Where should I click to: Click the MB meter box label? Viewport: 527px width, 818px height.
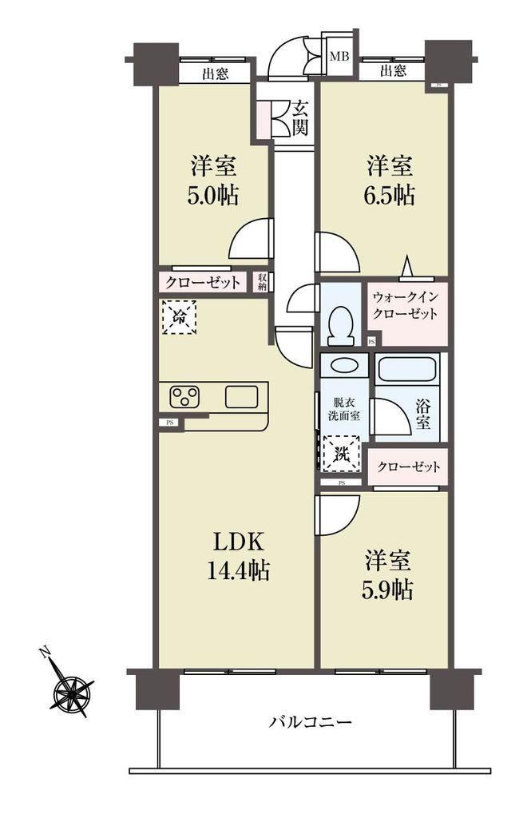click(339, 57)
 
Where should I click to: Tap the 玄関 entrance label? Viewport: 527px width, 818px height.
click(299, 118)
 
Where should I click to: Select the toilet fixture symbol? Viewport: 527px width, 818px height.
click(342, 326)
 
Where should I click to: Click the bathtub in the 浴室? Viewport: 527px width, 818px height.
click(406, 370)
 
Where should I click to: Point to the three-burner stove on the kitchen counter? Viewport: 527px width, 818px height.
click(184, 397)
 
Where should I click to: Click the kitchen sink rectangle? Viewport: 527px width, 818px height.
click(241, 397)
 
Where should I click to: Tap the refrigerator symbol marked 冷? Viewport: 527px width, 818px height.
click(180, 317)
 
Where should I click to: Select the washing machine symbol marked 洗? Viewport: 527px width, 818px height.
click(342, 454)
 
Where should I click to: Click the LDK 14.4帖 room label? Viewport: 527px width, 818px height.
click(238, 557)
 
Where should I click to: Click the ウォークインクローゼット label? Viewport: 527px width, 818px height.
click(405, 306)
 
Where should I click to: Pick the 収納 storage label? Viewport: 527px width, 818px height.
click(262, 282)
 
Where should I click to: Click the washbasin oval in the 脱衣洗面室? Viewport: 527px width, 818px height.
click(343, 366)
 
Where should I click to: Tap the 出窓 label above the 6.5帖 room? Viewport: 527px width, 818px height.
click(394, 70)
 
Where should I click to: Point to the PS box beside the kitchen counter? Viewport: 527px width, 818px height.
click(170, 423)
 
